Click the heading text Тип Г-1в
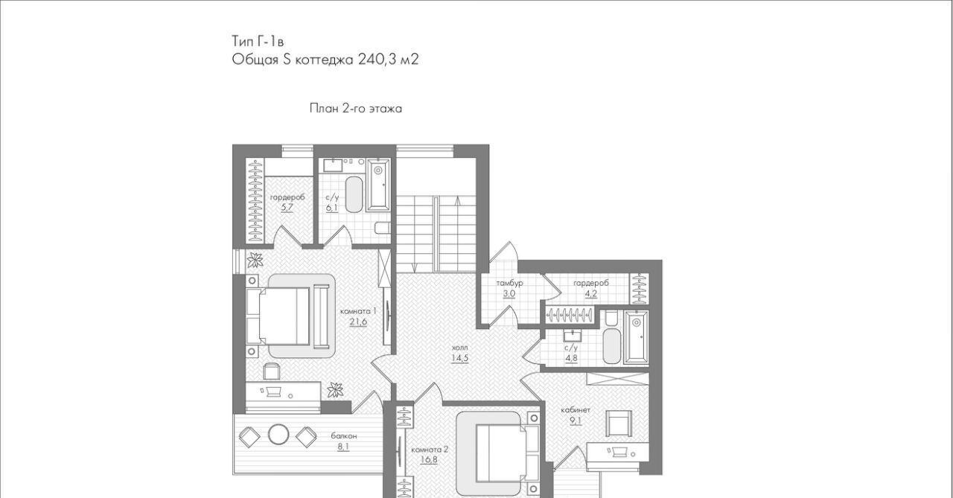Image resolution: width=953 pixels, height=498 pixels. click(x=258, y=41)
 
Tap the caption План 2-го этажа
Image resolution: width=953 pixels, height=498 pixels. click(x=356, y=109)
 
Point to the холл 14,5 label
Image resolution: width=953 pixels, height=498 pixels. click(x=459, y=353)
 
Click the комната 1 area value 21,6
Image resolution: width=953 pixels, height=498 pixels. click(x=358, y=322)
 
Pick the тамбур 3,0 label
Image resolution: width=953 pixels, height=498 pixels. click(x=509, y=288)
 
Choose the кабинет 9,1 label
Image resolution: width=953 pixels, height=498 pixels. click(x=576, y=415)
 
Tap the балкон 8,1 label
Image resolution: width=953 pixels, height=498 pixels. click(x=344, y=441)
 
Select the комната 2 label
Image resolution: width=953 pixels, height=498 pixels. click(x=430, y=450)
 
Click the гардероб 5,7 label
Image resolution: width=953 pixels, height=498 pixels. click(x=287, y=202)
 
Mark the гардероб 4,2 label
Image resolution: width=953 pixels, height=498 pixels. click(x=591, y=288)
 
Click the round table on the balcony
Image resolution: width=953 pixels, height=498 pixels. click(x=278, y=435)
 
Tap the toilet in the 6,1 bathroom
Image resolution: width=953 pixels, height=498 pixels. click(x=383, y=228)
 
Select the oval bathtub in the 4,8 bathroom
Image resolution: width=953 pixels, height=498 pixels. click(x=612, y=345)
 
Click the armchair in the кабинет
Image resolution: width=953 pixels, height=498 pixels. click(x=619, y=423)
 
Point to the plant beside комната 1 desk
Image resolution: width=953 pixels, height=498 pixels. click(x=335, y=390)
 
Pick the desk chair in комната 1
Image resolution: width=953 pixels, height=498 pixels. click(x=272, y=371)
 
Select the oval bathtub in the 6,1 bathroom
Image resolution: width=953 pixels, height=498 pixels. click(x=354, y=194)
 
